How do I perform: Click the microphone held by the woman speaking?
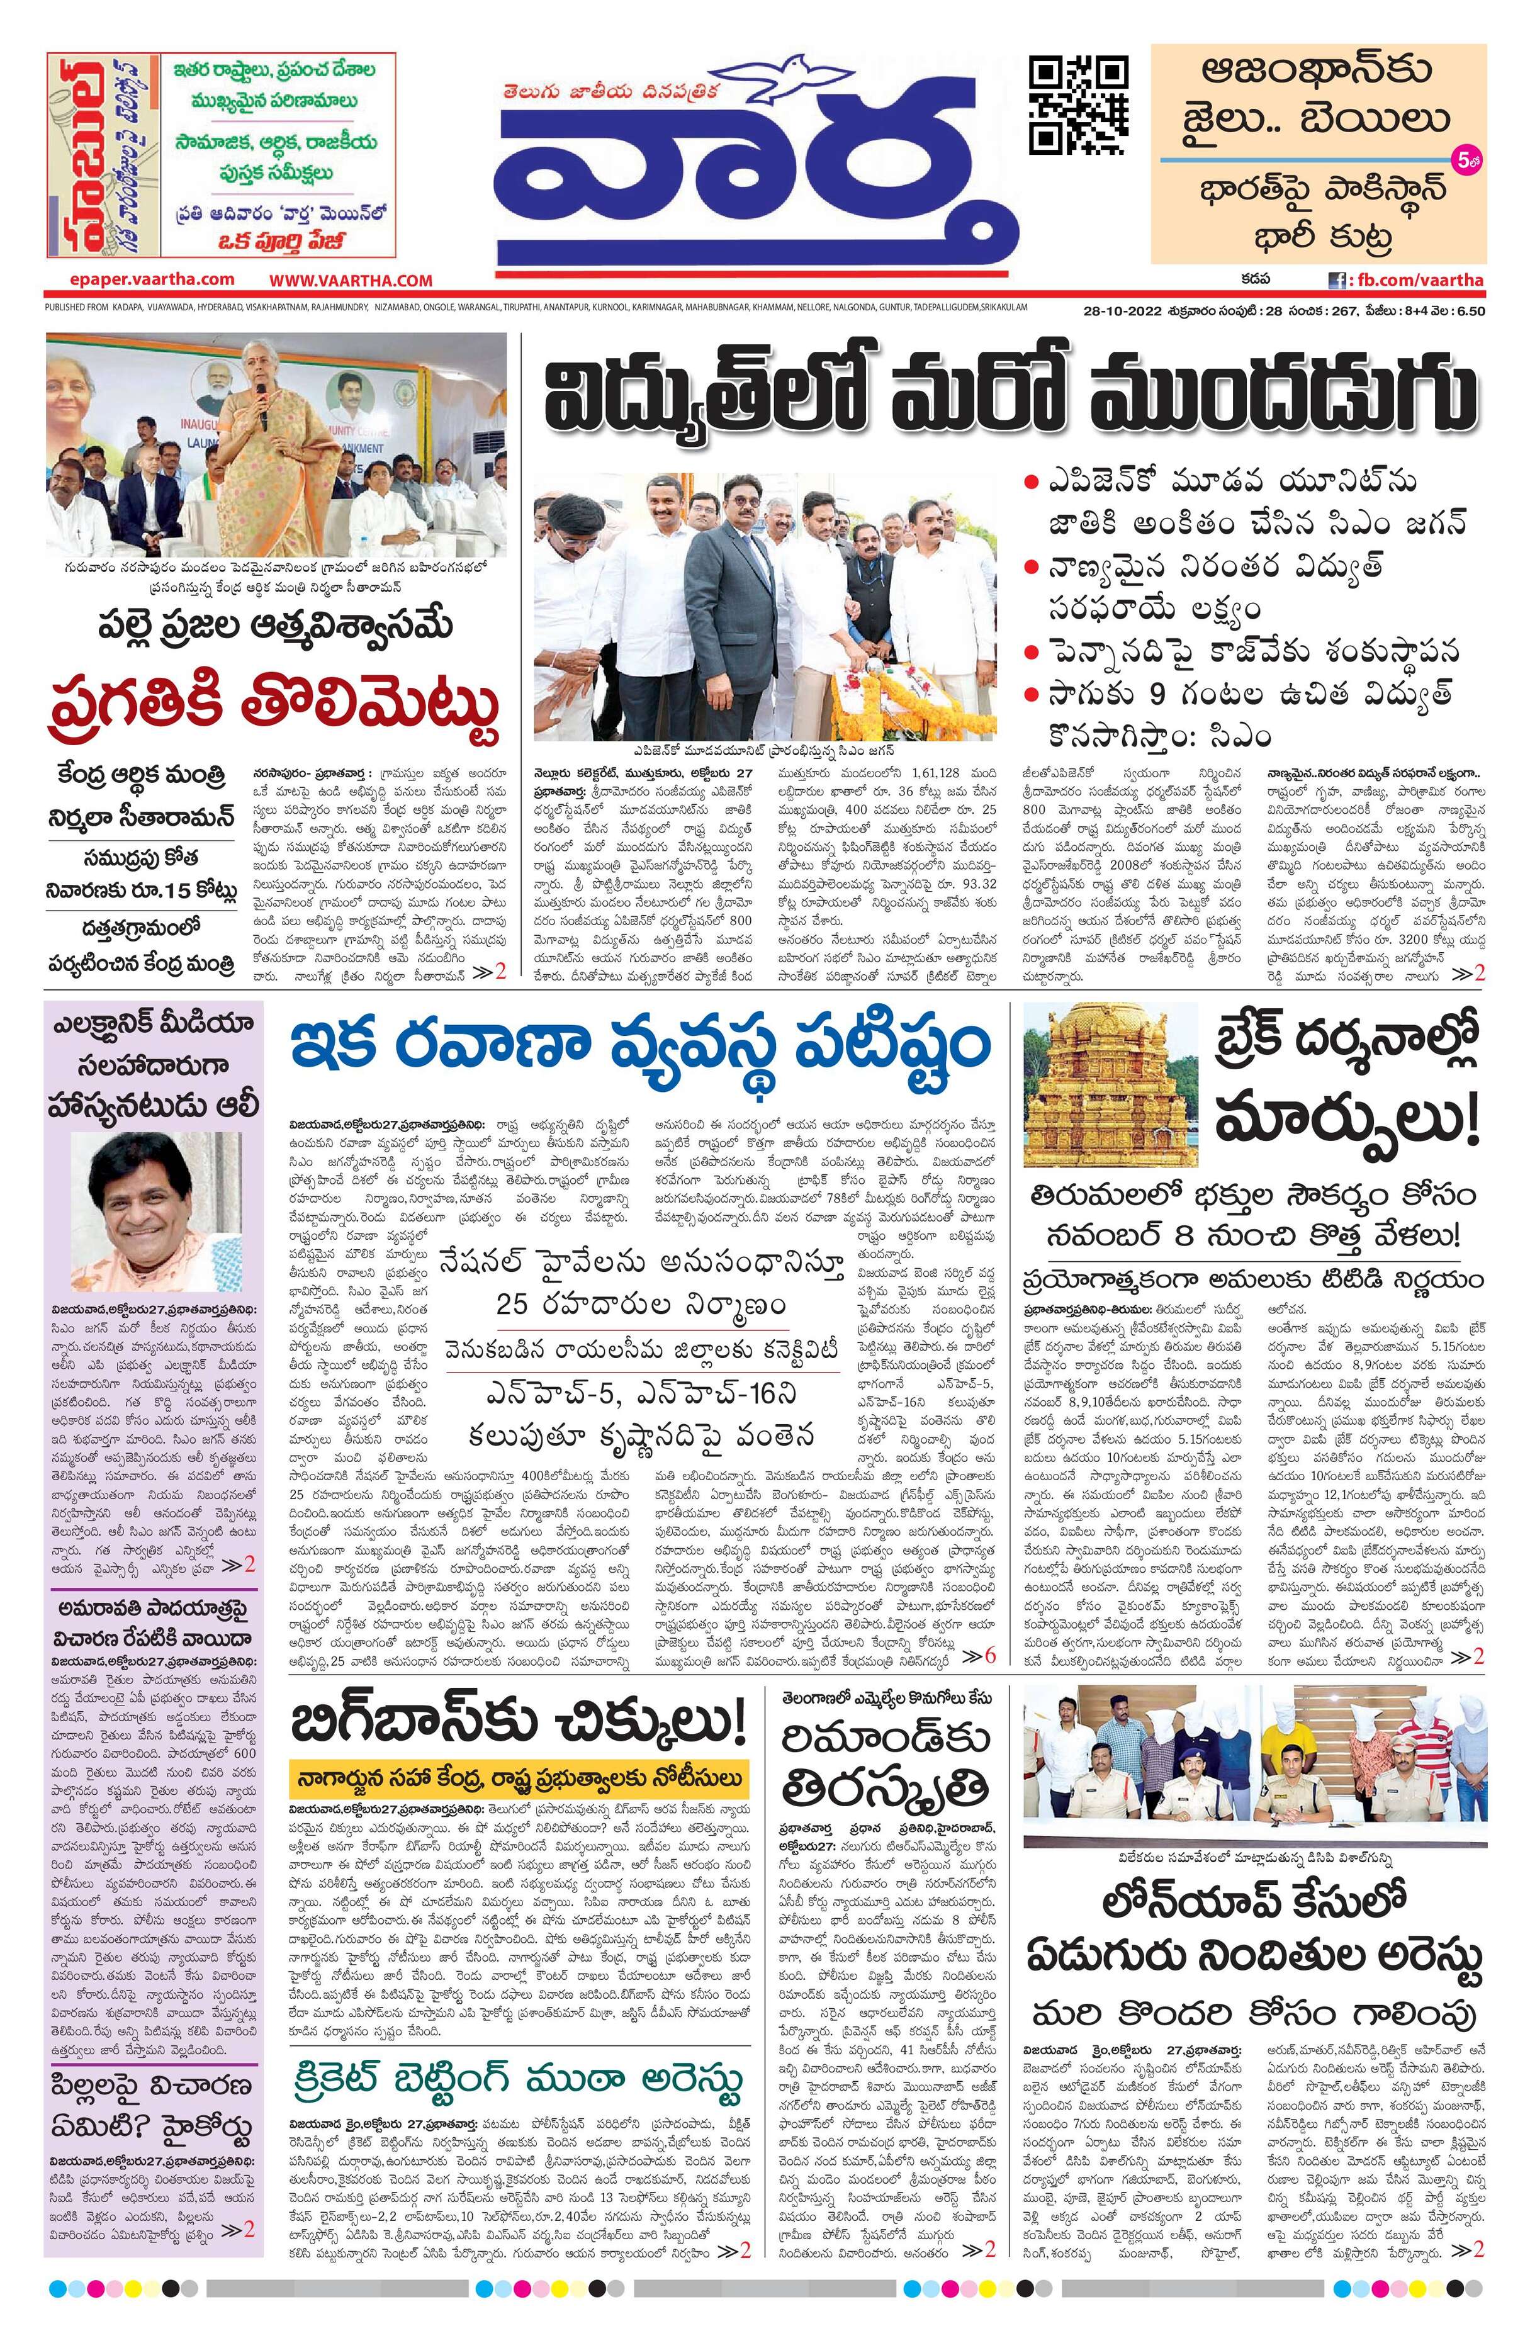[262, 394]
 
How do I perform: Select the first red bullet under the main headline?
[1031, 483]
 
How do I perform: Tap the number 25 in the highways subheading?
[514, 1307]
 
